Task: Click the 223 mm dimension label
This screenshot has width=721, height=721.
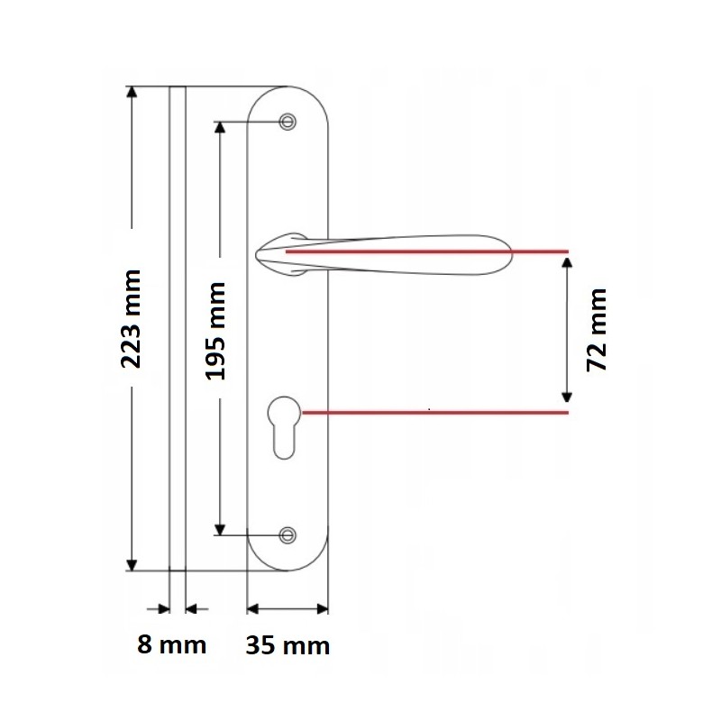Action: click(131, 319)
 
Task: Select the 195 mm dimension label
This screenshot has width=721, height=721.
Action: click(215, 331)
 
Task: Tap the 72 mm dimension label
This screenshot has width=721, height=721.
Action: click(597, 330)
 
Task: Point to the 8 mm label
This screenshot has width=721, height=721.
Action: click(171, 644)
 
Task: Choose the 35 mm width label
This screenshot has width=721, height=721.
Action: click(287, 645)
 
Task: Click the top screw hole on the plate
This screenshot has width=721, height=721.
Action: click(287, 122)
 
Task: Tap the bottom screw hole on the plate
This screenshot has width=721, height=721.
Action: click(287, 535)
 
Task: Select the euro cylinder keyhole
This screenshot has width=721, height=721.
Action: click(284, 427)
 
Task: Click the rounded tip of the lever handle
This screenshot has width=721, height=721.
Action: click(509, 254)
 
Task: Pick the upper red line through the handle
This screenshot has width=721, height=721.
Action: click(427, 251)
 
